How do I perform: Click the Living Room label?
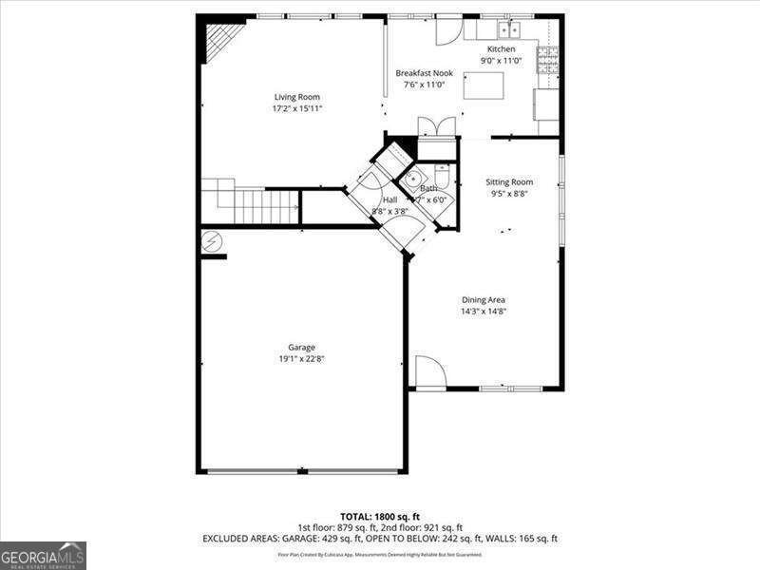coord(296,97)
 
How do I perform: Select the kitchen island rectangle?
coord(483,85)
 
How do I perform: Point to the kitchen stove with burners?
coord(547,60)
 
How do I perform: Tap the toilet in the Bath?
coord(442,176)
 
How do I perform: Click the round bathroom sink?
coord(413,181)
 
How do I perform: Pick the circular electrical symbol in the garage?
coord(211,243)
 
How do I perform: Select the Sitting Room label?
coord(509,181)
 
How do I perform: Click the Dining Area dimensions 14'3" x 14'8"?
coord(483,312)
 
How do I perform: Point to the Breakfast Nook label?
coord(424,73)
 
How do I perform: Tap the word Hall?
coord(389,199)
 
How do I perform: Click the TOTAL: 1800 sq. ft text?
coord(380,517)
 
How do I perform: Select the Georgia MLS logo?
coord(43,555)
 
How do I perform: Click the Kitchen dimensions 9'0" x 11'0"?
coord(502,61)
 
